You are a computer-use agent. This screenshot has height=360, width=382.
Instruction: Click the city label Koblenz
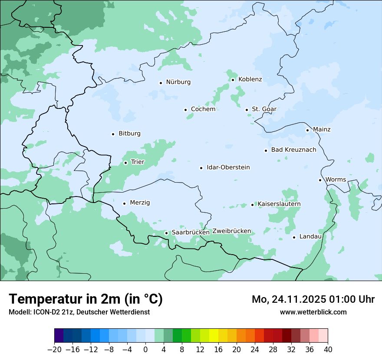coord(250,79)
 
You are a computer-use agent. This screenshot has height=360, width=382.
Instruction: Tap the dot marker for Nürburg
coord(161,82)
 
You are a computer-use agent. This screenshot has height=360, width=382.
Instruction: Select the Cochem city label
coord(203,109)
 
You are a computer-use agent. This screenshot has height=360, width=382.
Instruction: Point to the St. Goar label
coord(264,109)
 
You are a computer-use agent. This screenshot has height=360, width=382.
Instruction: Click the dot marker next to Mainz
coord(307,130)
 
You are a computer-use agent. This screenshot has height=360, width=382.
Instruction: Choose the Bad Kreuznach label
coord(293,150)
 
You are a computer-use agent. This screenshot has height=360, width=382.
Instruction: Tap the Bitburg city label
coord(129,134)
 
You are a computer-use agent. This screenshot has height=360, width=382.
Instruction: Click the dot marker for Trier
coord(125,163)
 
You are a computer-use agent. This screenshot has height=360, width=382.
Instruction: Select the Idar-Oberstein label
coord(228,167)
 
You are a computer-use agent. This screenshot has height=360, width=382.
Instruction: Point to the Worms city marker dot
coord(320,180)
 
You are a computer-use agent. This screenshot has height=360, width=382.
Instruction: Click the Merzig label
coord(140,203)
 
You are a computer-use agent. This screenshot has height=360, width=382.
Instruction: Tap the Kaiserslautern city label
coord(279,204)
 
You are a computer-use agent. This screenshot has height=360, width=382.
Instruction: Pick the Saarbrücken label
coord(191,232)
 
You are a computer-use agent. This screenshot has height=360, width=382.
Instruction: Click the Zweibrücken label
coord(231,231)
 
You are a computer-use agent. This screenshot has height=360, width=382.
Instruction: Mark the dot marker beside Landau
coord(294,237)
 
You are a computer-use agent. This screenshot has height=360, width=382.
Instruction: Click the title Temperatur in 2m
coord(86,299)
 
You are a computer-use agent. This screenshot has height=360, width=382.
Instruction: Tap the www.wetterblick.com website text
coord(313,312)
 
